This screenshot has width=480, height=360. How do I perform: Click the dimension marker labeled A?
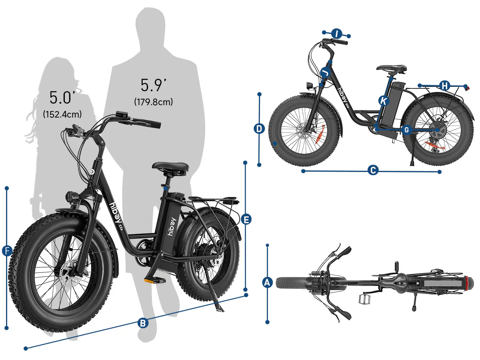(x=267, y=283)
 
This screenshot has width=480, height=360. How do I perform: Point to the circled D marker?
(x=259, y=129)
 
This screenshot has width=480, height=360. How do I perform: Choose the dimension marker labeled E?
(x=246, y=219)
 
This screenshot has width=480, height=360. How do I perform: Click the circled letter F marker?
(x=7, y=251)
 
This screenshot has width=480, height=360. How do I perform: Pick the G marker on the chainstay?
(x=406, y=130)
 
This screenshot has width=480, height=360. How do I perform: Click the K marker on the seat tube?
(x=384, y=100)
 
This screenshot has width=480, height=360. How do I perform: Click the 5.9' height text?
(x=153, y=85)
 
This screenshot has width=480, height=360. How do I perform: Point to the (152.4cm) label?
(x=62, y=114)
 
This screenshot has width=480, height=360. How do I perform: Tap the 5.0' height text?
(x=62, y=98)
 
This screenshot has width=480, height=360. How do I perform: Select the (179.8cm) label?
(x=153, y=102)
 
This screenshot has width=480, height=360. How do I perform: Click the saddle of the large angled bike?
(x=170, y=167)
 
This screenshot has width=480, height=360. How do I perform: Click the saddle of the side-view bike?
(x=391, y=68)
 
